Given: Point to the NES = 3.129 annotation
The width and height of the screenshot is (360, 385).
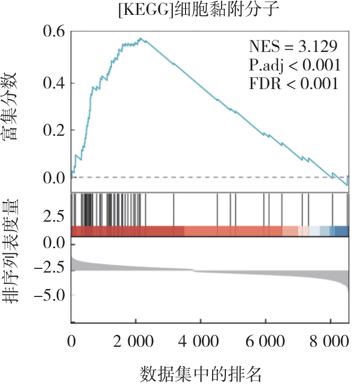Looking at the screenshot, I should point(293,47).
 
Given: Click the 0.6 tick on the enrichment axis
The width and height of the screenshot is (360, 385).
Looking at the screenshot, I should point(52,32).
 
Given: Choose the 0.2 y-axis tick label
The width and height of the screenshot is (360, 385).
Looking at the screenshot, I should point(52,130).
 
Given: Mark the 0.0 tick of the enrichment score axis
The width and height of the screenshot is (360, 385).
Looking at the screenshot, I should point(52,178).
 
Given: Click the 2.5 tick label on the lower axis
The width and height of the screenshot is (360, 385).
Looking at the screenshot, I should point(52,216).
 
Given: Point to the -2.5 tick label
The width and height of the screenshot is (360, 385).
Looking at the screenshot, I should point(48,269).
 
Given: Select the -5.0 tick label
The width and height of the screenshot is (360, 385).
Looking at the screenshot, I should point(48,294).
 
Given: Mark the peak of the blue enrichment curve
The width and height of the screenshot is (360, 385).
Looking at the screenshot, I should point(141,38).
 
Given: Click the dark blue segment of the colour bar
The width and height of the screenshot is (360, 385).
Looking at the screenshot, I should point(342,231).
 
